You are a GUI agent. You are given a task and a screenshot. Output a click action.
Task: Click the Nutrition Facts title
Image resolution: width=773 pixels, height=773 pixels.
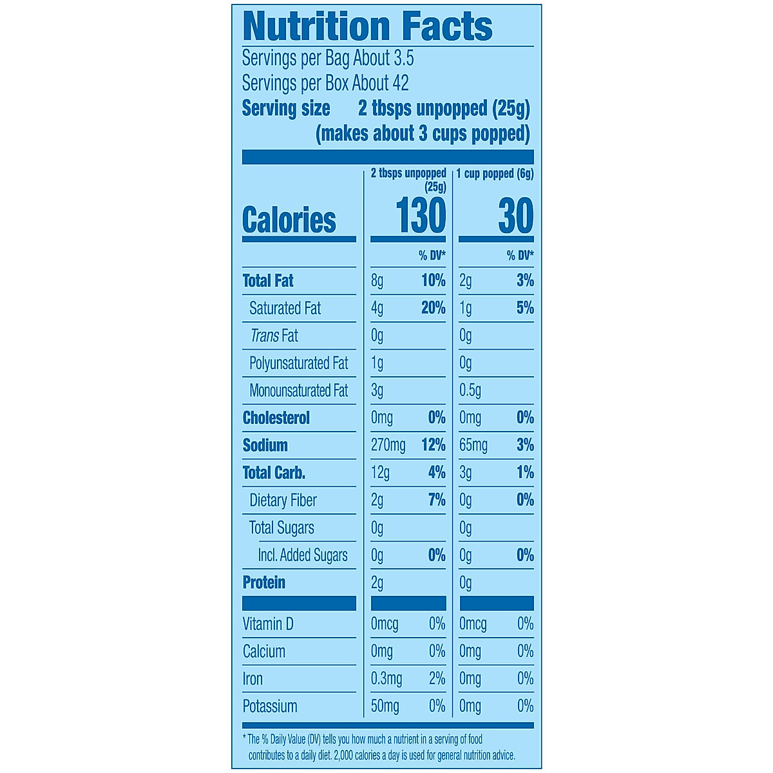[x=367, y=27]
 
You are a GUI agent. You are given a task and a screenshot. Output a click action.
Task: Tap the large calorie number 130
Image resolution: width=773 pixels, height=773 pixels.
[x=421, y=216]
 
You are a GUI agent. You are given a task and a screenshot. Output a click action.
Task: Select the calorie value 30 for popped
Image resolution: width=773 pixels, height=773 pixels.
[x=515, y=216]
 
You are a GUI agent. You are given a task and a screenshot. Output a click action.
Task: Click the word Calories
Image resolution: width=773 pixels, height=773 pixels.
[x=289, y=220]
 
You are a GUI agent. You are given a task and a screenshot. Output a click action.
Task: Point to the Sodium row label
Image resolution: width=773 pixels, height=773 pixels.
[x=265, y=445]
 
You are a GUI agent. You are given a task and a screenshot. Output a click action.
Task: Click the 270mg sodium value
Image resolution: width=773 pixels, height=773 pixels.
[x=388, y=445]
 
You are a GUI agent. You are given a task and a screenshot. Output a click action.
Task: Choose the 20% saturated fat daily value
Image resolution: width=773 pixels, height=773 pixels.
[x=433, y=308]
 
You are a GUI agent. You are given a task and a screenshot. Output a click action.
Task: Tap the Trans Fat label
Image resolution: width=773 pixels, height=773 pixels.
[x=274, y=336]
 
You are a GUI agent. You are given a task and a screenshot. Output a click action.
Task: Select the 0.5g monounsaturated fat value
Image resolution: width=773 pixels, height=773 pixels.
[x=470, y=390]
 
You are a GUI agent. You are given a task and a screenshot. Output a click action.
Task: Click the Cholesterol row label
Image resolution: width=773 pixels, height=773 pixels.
[x=276, y=418]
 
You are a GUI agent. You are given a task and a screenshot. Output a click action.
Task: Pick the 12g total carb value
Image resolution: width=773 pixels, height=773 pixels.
[x=380, y=473]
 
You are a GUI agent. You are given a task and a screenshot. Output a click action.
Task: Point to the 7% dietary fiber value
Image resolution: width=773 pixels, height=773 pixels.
[x=437, y=500]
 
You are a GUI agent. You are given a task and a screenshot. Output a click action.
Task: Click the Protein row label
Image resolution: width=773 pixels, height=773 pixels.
[x=263, y=582]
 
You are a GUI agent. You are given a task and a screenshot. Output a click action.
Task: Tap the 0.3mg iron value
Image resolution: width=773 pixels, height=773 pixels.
[x=386, y=679]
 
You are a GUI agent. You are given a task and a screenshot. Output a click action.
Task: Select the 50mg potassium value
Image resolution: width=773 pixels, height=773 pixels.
[x=385, y=706]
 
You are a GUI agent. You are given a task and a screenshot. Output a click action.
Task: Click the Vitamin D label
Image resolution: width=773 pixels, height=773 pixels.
[x=267, y=624]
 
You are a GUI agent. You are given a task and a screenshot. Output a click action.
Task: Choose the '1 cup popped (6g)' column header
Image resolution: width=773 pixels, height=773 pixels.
[x=495, y=173]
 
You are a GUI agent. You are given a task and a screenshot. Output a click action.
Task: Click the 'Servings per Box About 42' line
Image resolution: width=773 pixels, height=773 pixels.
[x=325, y=83]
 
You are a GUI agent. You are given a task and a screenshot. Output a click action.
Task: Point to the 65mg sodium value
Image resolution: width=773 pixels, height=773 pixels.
[x=473, y=445]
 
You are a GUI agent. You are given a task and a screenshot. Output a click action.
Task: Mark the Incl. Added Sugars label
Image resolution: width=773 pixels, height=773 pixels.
[x=302, y=555]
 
